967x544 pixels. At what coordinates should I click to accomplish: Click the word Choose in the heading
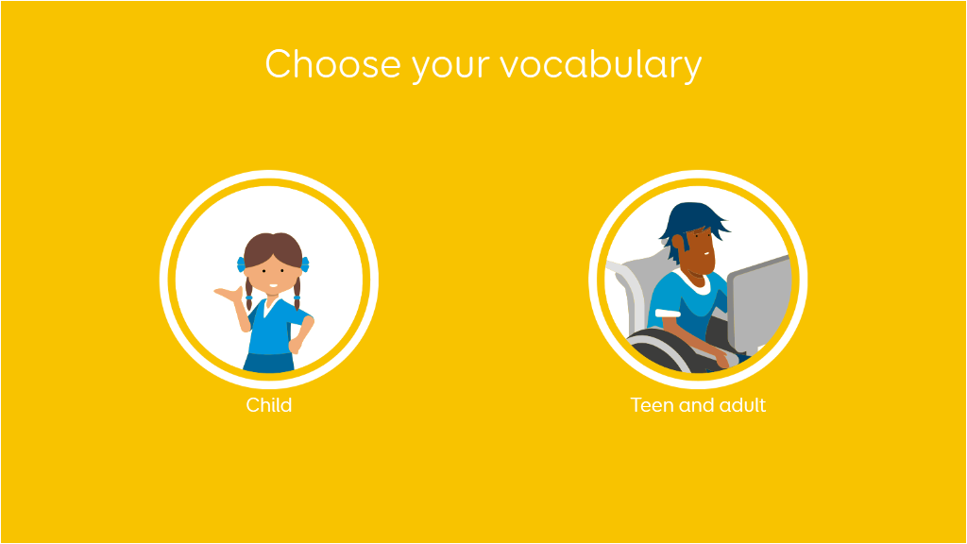tap(333, 64)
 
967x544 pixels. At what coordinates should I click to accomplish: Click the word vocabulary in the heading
tap(601, 65)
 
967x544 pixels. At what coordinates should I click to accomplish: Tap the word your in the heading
tap(450, 68)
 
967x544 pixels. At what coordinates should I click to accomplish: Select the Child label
tap(269, 405)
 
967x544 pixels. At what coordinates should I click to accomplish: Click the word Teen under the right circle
tap(653, 405)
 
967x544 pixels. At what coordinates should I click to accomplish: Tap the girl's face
tap(273, 273)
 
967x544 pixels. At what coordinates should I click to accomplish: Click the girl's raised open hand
tap(226, 294)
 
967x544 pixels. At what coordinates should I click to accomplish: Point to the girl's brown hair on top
tap(273, 246)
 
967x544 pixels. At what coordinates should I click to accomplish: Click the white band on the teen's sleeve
tap(668, 314)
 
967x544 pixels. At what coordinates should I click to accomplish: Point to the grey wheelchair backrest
tap(636, 290)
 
